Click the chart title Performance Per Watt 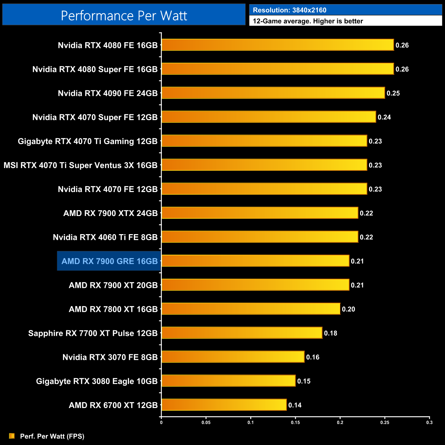pyautogui.click(x=124, y=16)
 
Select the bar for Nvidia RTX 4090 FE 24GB pyautogui.click(x=273, y=93)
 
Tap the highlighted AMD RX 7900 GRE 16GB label pyautogui.click(x=109, y=261)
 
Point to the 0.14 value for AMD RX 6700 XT pyautogui.click(x=295, y=405)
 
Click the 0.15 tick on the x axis pyautogui.click(x=295, y=422)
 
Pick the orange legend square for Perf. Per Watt pyautogui.click(x=12, y=436)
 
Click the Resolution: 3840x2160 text pyautogui.click(x=290, y=10)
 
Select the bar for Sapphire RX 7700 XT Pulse pyautogui.click(x=242, y=333)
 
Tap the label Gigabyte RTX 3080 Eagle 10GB pyautogui.click(x=97, y=381)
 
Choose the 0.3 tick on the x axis pyautogui.click(x=429, y=422)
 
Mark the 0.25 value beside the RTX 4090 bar pyautogui.click(x=393, y=93)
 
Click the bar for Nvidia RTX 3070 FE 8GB pyautogui.click(x=233, y=357)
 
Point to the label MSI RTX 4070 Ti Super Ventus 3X pyautogui.click(x=80, y=165)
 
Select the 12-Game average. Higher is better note pyautogui.click(x=308, y=21)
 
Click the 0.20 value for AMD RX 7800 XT pyautogui.click(x=348, y=309)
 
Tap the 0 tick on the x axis pyautogui.click(x=161, y=422)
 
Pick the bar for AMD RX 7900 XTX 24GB pyautogui.click(x=260, y=213)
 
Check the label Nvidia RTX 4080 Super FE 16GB pyautogui.click(x=95, y=69)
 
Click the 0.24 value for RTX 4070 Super pyautogui.click(x=384, y=117)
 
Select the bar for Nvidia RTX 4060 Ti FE pyautogui.click(x=260, y=237)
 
